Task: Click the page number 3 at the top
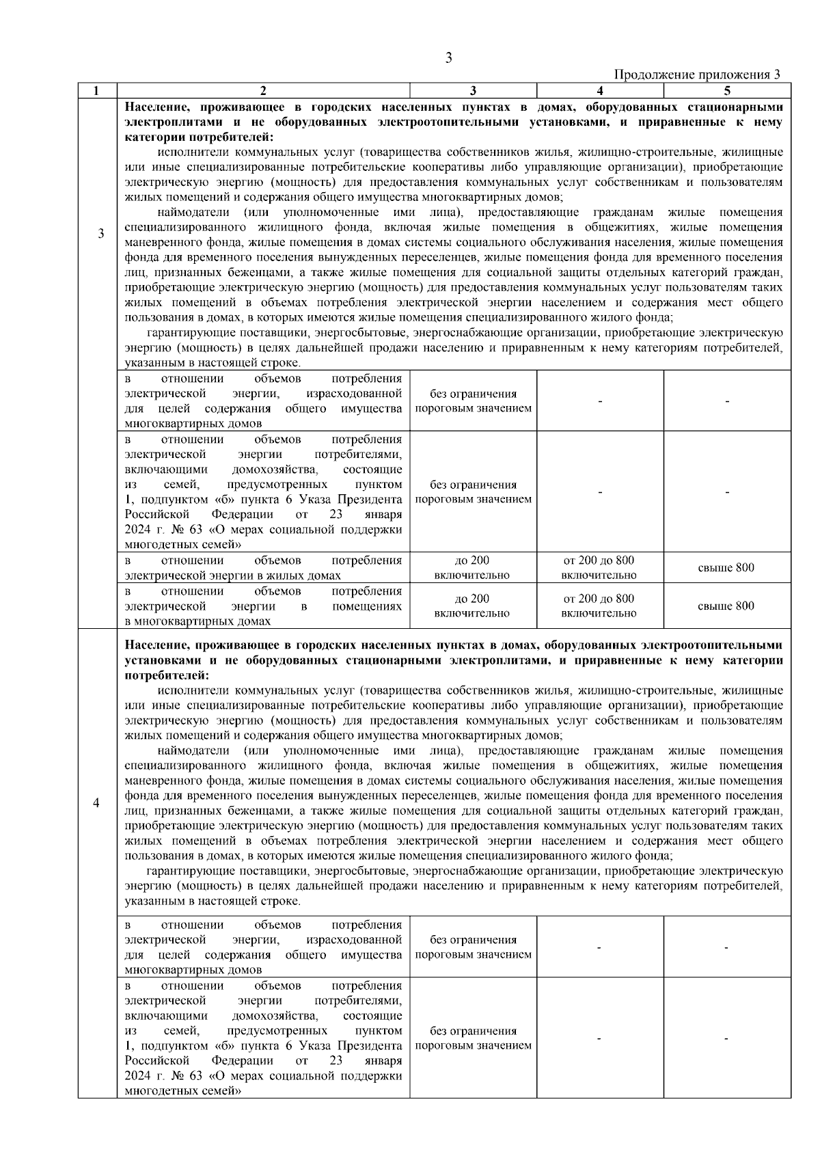(x=449, y=58)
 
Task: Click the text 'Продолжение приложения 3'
(x=698, y=75)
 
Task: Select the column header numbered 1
(x=96, y=90)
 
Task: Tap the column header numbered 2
(x=263, y=90)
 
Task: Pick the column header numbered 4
(x=599, y=90)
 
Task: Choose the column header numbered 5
(x=727, y=90)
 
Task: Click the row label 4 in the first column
(x=96, y=802)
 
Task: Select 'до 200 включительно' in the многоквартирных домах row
(x=472, y=606)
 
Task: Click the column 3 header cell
(x=473, y=90)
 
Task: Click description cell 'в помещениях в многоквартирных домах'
(x=263, y=606)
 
